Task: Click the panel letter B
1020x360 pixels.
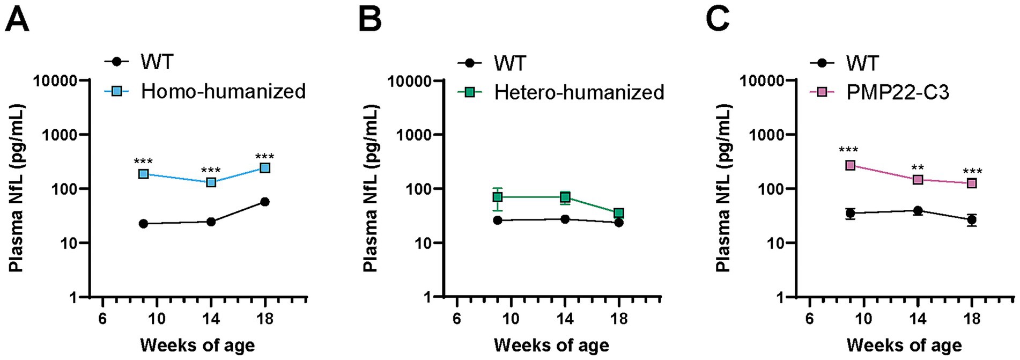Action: (x=370, y=20)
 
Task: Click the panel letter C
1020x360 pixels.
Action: (x=718, y=20)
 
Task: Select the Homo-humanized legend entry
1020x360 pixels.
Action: (x=223, y=92)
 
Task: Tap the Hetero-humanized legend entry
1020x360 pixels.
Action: (x=579, y=92)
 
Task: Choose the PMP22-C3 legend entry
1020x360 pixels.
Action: (x=897, y=92)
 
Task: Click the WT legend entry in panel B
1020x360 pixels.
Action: (x=509, y=63)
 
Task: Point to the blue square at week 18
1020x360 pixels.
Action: (x=264, y=168)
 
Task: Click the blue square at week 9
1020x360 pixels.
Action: (x=143, y=174)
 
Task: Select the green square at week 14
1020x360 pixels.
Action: (x=565, y=197)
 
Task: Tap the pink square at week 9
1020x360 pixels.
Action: (x=850, y=165)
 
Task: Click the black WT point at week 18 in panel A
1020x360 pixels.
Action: (x=264, y=202)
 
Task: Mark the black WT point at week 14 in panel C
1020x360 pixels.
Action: (x=918, y=210)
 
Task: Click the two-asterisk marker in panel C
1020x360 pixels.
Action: (x=918, y=168)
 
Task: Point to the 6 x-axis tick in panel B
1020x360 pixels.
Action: (x=456, y=319)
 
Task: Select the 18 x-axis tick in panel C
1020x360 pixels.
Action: (x=971, y=319)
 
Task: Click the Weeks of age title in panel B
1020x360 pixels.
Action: (x=551, y=345)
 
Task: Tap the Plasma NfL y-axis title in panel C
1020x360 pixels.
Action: (x=723, y=188)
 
